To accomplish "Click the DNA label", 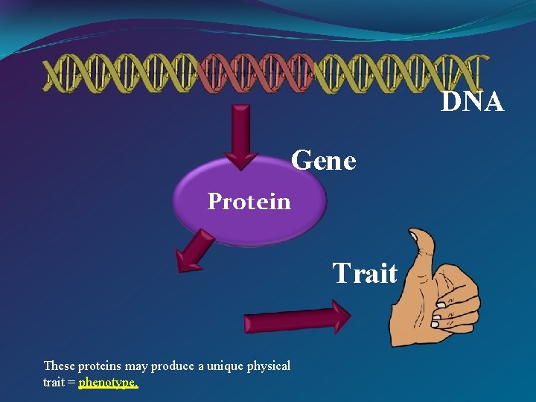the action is coord(473,101).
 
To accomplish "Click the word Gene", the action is coord(324,159).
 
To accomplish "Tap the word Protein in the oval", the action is coord(249,201).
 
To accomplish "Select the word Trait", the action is coord(365,273).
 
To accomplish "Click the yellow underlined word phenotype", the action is coord(108,383).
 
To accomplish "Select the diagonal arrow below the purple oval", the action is coord(194,252).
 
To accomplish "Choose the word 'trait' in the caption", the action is coord(54,383).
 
